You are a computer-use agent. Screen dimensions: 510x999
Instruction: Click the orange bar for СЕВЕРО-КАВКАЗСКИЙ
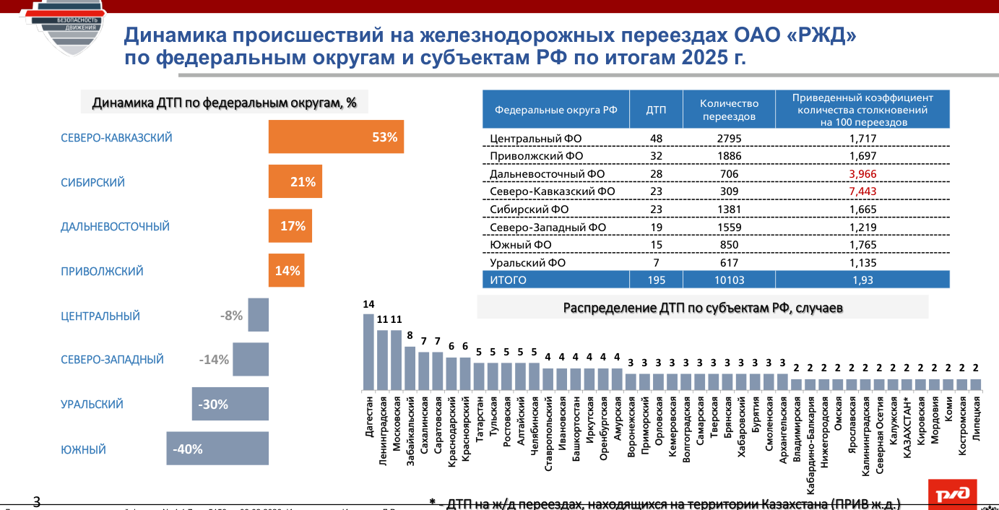coord(336,137)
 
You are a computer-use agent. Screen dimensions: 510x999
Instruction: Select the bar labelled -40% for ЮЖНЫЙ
coord(217,449)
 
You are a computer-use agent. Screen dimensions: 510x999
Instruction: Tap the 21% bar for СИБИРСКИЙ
coord(295,182)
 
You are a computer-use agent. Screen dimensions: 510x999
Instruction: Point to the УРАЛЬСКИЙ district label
coord(92,405)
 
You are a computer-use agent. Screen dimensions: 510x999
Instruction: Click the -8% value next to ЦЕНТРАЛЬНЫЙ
coord(231,315)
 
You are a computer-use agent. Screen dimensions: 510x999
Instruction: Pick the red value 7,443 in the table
coord(862,191)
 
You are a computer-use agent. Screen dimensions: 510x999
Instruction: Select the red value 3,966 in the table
coord(862,174)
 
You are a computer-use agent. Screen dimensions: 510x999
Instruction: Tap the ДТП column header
coord(655,110)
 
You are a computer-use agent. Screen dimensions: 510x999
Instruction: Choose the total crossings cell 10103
coord(728,280)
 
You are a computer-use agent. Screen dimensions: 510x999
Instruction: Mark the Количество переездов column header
coord(728,110)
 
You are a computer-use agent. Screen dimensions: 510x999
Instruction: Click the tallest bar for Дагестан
coord(368,352)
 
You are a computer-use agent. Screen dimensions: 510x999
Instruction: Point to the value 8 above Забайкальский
coord(410,335)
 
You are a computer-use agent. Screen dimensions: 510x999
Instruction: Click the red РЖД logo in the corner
coord(953,494)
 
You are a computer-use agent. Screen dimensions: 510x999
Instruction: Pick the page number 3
coord(37,501)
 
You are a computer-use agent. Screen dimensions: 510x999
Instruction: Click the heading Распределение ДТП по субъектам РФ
coord(703,308)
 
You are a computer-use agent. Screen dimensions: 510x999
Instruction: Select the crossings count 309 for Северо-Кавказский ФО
coord(728,191)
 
